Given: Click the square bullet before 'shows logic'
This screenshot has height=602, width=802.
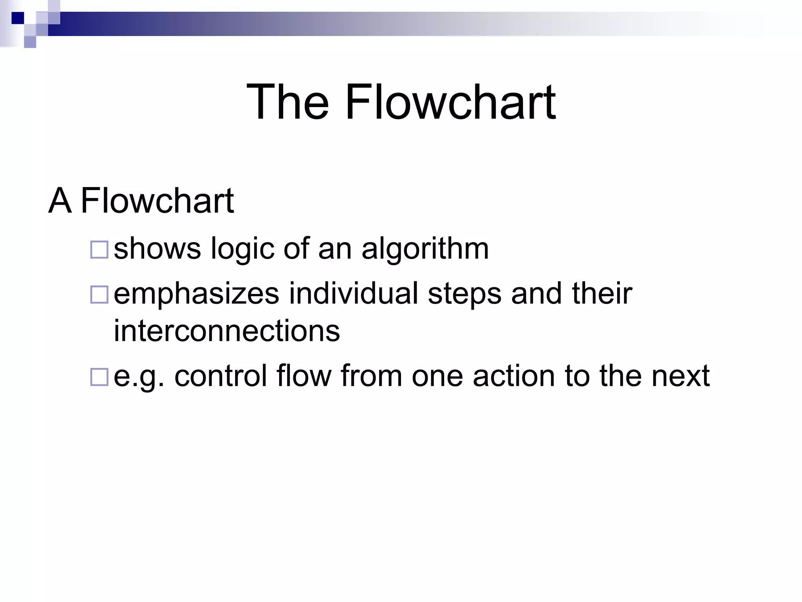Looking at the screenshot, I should pos(99,250).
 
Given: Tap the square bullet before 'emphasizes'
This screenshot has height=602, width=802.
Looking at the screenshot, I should pos(99,295).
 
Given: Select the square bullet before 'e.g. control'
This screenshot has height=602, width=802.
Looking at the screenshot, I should pos(99,377).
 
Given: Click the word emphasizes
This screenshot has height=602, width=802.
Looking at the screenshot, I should pos(196,294).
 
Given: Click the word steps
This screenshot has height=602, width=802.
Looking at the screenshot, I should pos(464,294).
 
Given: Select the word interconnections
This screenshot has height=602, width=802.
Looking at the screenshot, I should pos(227,331).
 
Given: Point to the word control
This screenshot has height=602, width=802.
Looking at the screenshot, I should pos(220,375).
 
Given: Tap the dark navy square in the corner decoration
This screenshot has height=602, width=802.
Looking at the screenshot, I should pos(18,18).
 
